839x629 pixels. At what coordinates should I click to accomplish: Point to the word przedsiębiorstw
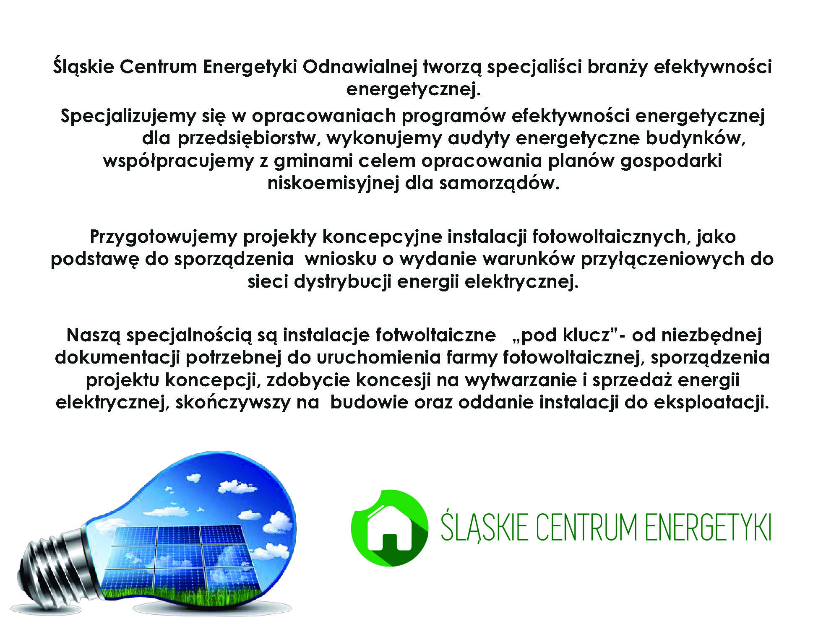(249, 138)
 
